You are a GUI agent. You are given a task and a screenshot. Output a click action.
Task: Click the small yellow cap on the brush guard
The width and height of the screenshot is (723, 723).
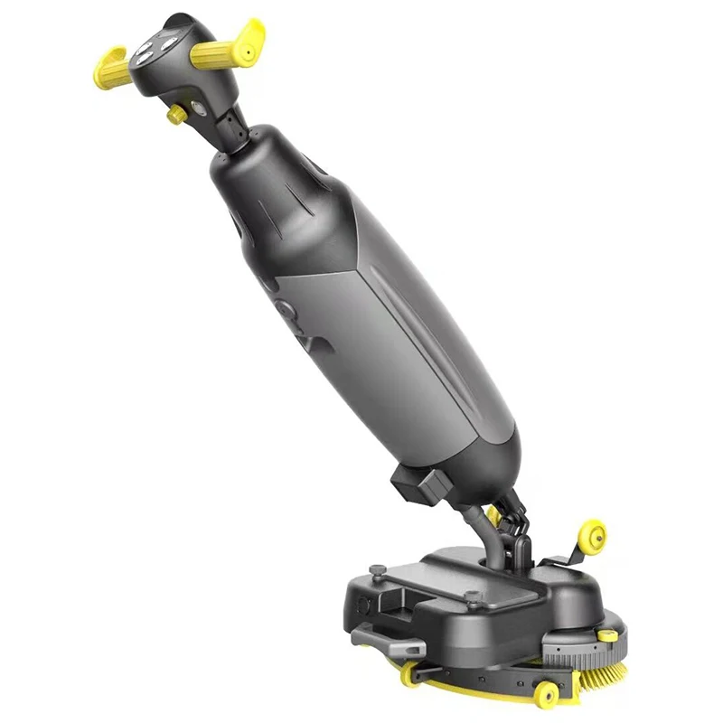(607, 635)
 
